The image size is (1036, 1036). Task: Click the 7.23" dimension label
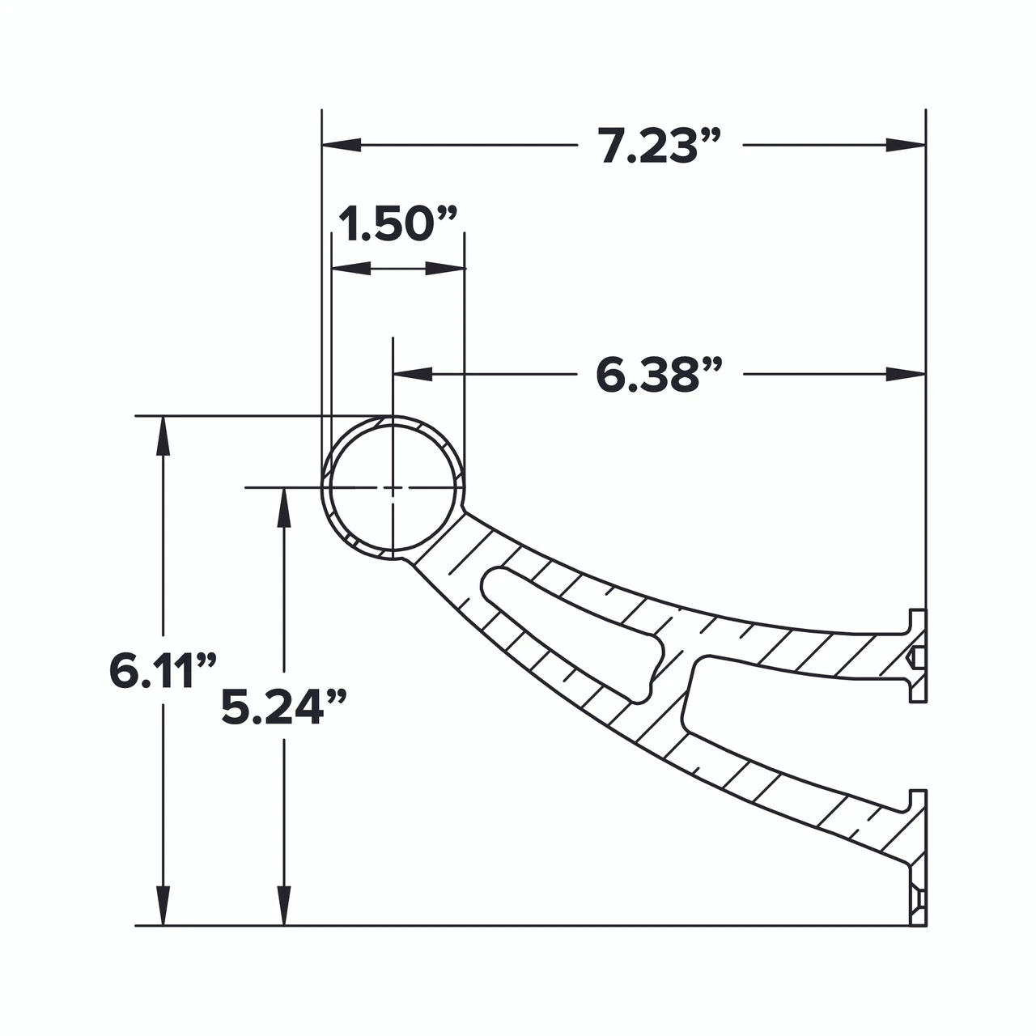point(660,146)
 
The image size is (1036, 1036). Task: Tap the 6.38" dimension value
point(658,375)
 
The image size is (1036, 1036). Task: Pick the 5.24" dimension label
point(283,707)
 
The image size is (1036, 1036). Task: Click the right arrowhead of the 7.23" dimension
point(905,145)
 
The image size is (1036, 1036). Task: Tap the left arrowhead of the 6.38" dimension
point(412,374)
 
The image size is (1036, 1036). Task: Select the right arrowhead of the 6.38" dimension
point(905,374)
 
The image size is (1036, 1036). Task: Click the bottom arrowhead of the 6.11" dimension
point(163,906)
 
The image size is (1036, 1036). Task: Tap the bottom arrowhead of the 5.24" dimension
point(283,906)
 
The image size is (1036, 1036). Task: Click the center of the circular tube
point(393,487)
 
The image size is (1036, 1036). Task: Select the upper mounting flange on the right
point(917,655)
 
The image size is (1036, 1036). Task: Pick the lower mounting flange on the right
point(917,858)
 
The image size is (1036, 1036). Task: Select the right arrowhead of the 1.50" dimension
point(446,268)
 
